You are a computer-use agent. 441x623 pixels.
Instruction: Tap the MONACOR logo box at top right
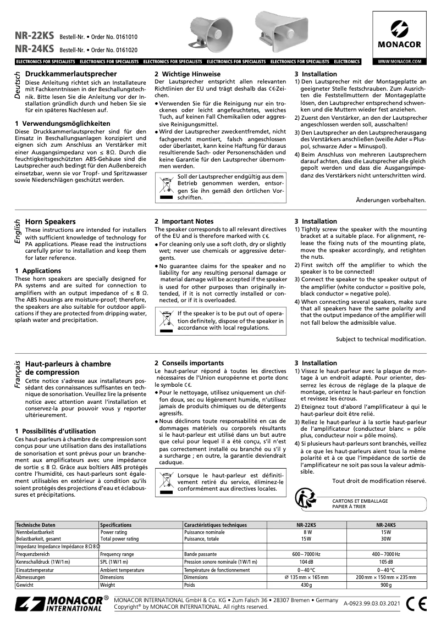(399, 33)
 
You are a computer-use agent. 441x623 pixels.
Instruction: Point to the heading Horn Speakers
(51, 221)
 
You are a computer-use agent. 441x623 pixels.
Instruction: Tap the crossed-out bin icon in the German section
(166, 186)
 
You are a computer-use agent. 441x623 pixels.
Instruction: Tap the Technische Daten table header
(36, 525)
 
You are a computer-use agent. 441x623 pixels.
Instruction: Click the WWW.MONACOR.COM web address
(399, 62)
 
